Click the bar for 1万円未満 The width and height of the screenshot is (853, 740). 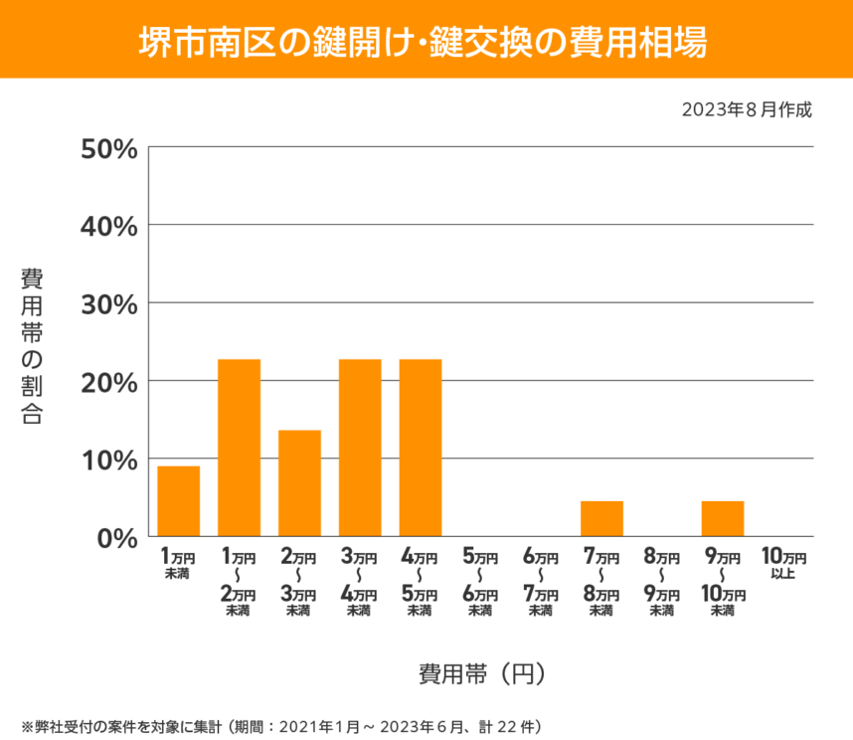179,501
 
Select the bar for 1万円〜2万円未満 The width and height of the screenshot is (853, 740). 240,448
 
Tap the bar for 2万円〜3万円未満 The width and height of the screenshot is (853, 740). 299,483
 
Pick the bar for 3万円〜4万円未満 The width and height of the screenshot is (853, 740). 360,448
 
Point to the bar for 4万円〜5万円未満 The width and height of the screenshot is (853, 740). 421,448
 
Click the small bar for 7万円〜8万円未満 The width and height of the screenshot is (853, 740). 601,519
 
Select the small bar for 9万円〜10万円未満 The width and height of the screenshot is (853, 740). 723,519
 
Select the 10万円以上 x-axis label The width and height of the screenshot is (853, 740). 782,564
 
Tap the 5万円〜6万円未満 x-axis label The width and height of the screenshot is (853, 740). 480,583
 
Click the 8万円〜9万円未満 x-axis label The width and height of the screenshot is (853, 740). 661,583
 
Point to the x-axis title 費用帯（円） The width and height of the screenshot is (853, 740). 481,673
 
